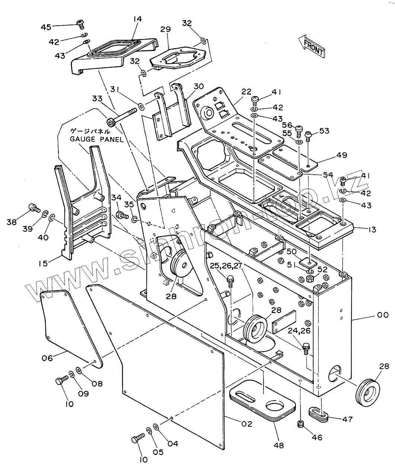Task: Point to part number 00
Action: click(383, 315)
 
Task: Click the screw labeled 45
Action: click(80, 24)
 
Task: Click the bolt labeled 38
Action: click(34, 208)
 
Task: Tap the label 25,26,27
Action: click(226, 266)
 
